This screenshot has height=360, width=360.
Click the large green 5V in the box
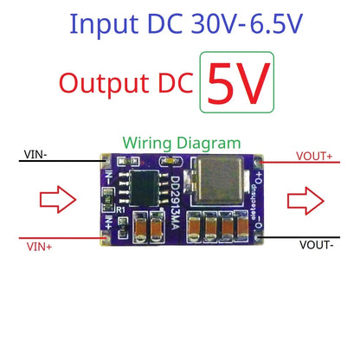tap(236, 82)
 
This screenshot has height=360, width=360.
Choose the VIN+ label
tap(39, 247)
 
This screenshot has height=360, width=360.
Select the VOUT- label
tap(318, 245)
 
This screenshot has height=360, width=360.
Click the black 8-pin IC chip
tap(140, 184)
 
